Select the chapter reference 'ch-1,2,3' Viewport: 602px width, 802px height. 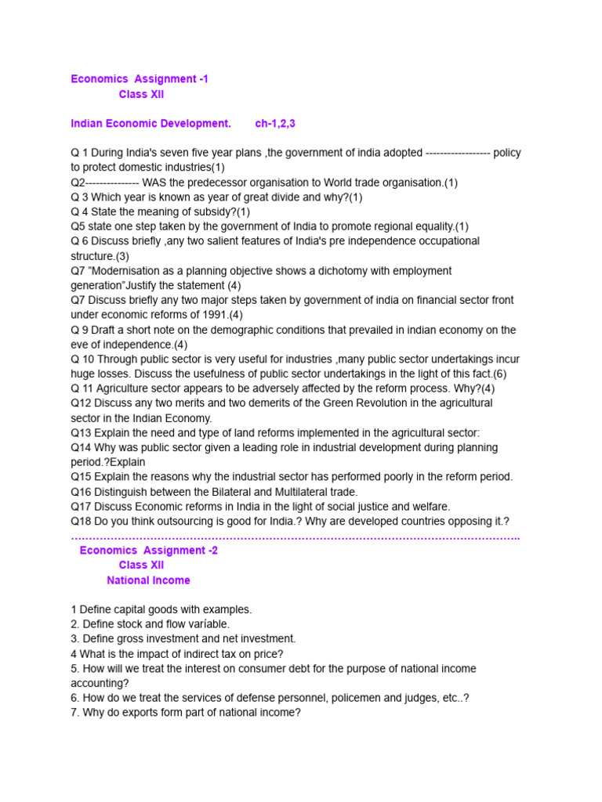[275, 124]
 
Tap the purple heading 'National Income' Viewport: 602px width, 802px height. [148, 580]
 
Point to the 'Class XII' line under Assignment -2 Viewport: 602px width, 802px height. [141, 565]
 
